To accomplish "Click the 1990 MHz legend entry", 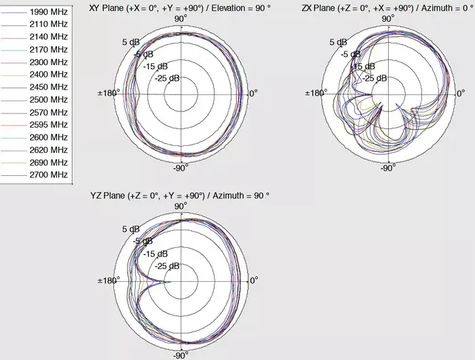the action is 49,12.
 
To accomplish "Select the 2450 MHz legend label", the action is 49,87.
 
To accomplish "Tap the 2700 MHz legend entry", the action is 49,175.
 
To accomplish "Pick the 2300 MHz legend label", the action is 49,62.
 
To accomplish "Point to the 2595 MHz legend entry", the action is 49,125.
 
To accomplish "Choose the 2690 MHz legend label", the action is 49,162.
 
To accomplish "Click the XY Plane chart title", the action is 180,8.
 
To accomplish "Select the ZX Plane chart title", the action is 388,8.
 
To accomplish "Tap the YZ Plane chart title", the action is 180,196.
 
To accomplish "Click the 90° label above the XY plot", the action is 180,19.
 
